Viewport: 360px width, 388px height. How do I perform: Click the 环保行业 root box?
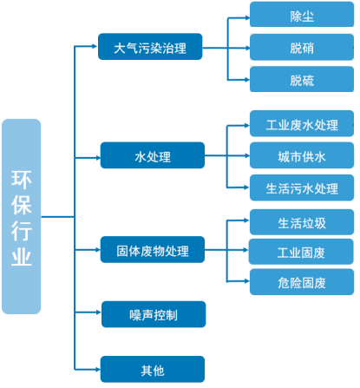[x=22, y=216]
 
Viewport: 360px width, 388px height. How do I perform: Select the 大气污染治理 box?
[x=150, y=47]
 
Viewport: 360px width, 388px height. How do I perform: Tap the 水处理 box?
[x=153, y=155]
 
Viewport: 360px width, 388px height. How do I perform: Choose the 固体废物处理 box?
[x=153, y=250]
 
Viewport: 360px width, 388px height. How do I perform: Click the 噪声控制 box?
[x=154, y=314]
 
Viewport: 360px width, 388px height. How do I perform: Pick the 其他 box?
[x=153, y=370]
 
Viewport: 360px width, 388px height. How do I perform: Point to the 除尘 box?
[x=302, y=14]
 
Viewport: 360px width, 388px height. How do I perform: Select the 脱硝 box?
[x=302, y=47]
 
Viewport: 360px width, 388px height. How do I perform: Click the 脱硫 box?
[x=302, y=79]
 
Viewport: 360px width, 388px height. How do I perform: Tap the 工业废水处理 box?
[x=302, y=123]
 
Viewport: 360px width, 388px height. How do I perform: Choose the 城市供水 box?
[x=302, y=155]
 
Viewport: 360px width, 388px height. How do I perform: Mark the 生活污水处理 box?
[x=302, y=187]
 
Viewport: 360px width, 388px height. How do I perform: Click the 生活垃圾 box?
[x=302, y=222]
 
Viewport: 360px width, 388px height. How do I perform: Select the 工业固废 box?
[x=301, y=252]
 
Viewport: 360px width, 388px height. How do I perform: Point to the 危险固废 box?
[x=302, y=282]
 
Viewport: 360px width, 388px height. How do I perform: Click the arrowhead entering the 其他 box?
[x=98, y=370]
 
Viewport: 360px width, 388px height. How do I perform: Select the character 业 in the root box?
[x=22, y=256]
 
